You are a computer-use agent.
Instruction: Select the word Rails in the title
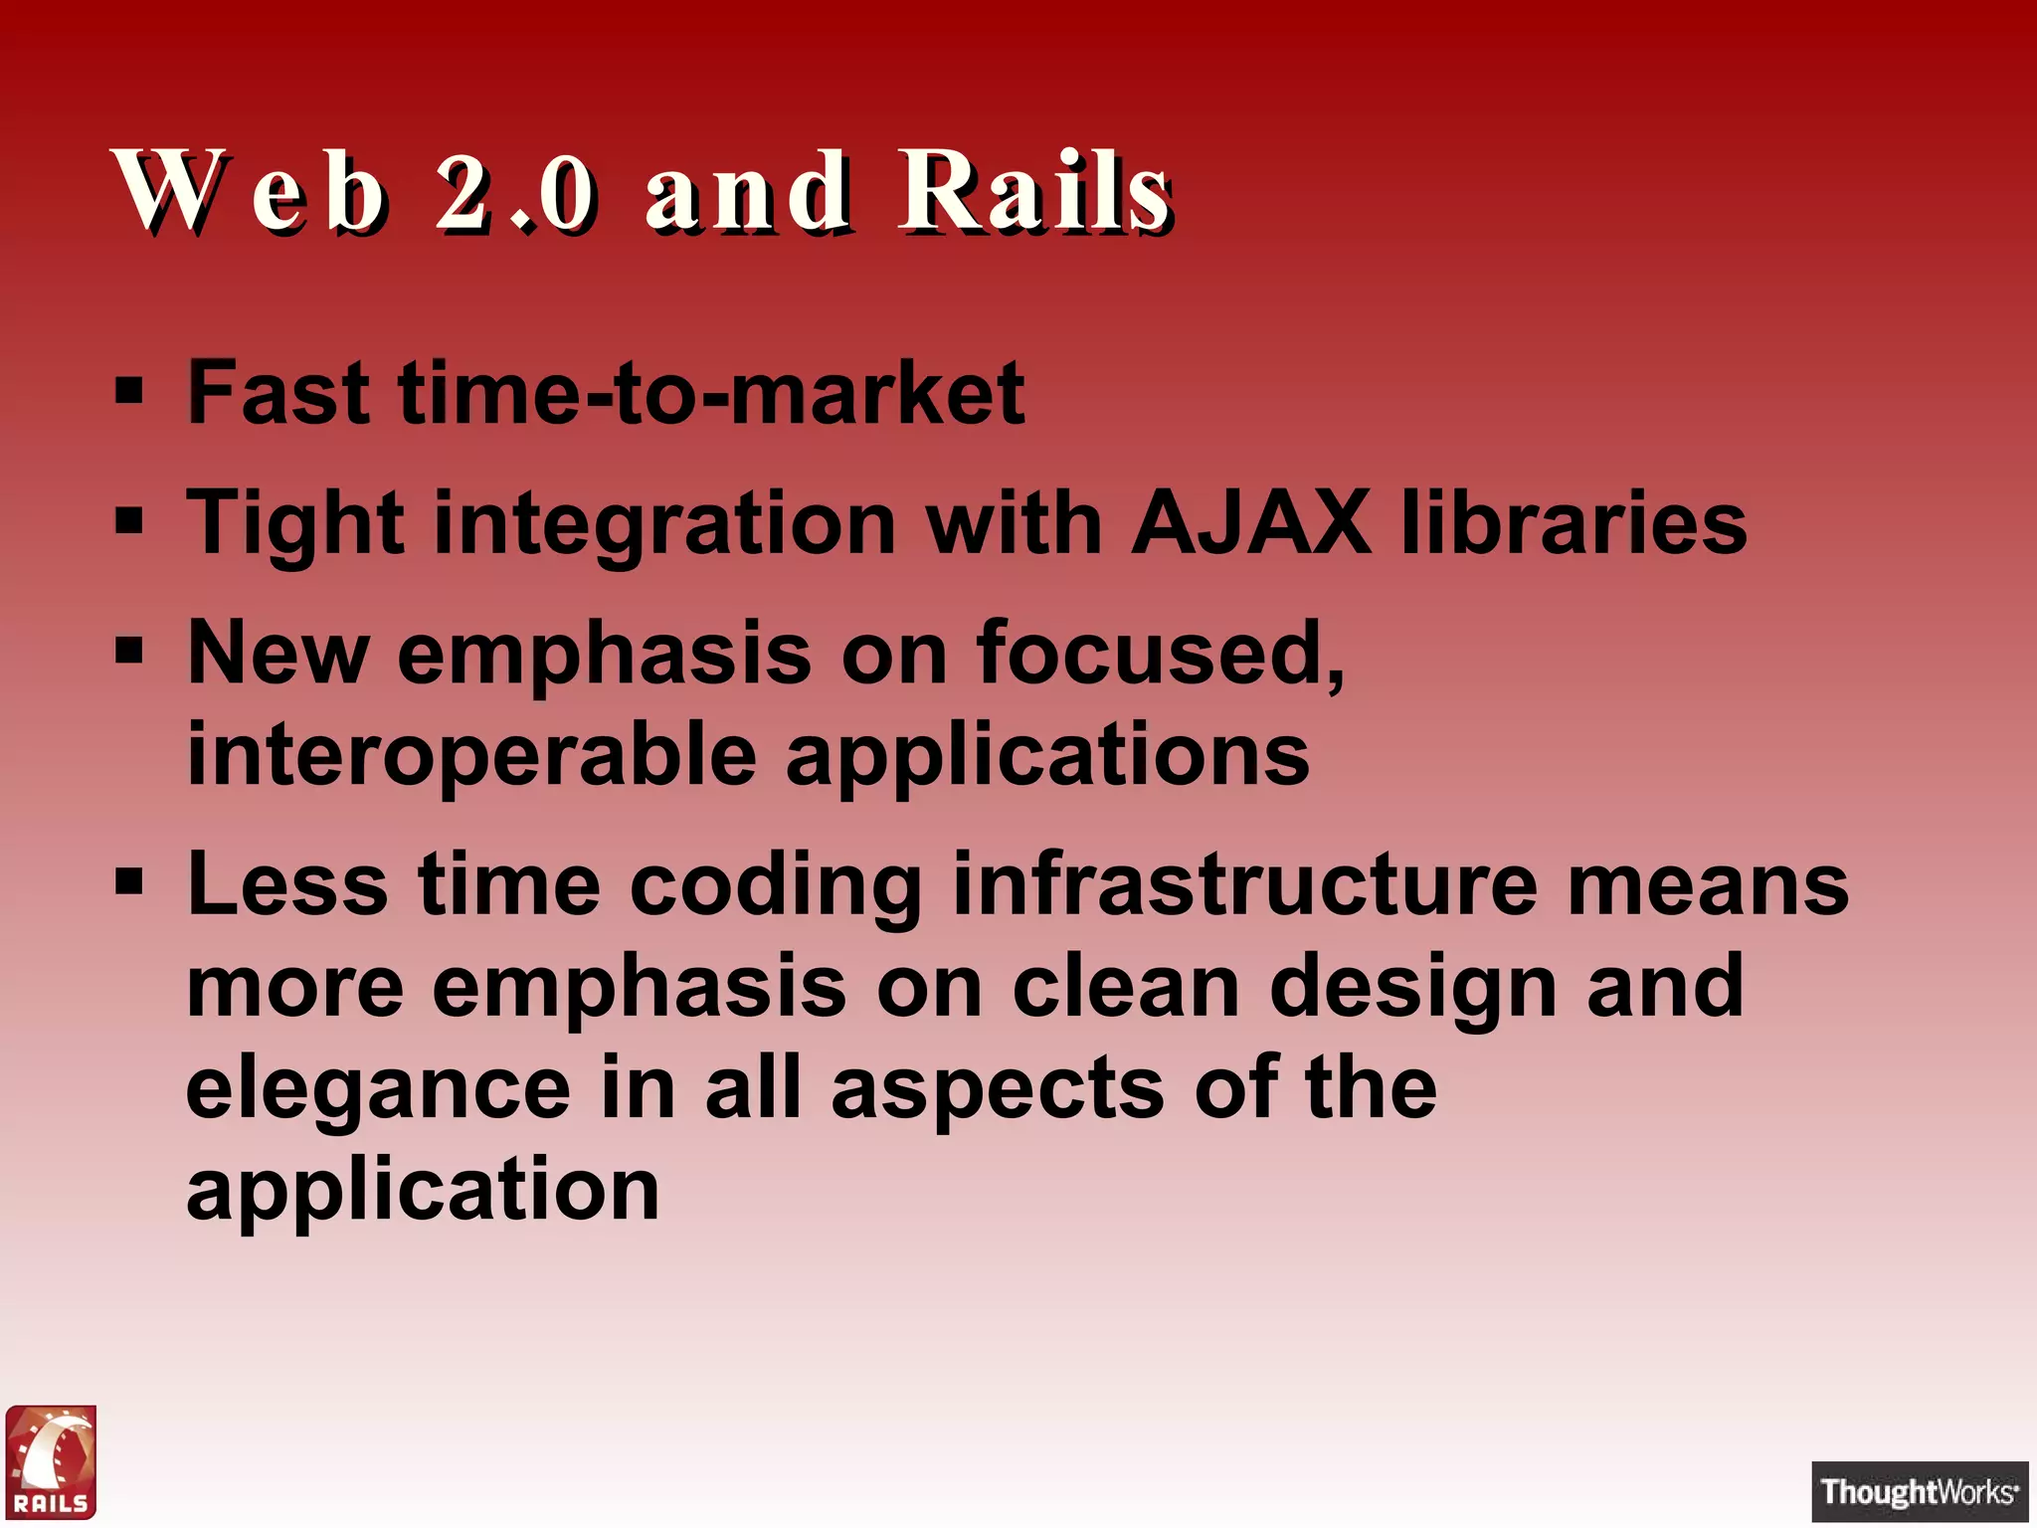click(x=1034, y=191)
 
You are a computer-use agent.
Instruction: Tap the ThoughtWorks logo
click(x=1919, y=1491)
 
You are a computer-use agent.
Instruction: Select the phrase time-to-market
click(x=711, y=393)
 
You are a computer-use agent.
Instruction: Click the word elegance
click(x=378, y=1090)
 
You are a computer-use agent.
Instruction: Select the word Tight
click(x=295, y=524)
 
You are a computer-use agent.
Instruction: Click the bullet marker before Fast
click(x=129, y=391)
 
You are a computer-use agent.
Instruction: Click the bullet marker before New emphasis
click(x=129, y=651)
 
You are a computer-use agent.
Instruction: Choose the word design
click(x=1412, y=989)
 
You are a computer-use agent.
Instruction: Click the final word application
click(x=423, y=1191)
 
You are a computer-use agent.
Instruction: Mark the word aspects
click(x=998, y=1090)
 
